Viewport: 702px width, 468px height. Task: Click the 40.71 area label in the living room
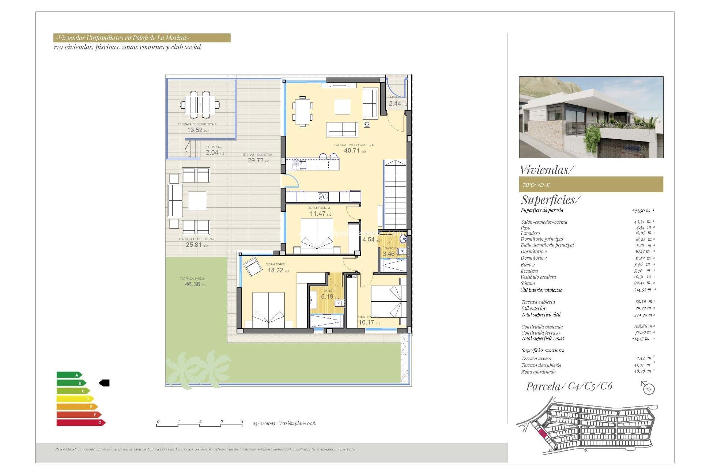(x=352, y=150)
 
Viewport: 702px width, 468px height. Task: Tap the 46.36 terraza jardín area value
(x=192, y=284)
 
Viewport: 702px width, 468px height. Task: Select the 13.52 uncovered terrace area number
(x=195, y=130)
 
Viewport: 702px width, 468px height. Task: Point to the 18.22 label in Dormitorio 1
(x=275, y=270)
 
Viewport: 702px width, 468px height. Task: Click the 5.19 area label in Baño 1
(x=327, y=297)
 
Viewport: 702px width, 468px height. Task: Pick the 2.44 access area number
(x=395, y=103)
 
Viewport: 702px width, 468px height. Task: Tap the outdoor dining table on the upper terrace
(x=200, y=105)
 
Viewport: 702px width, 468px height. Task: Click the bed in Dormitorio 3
(x=317, y=236)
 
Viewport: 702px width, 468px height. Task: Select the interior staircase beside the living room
(x=395, y=194)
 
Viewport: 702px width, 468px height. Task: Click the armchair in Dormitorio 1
(x=253, y=266)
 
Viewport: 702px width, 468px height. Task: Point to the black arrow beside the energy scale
(x=104, y=383)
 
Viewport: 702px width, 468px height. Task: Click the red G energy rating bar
(x=80, y=423)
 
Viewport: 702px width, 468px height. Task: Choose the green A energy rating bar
(x=69, y=375)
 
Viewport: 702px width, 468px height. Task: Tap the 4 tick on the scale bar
(x=242, y=422)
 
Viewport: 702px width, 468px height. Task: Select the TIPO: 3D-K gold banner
(x=590, y=185)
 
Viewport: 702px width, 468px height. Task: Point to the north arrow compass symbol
(x=648, y=388)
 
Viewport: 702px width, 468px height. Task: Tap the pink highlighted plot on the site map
(x=543, y=434)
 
